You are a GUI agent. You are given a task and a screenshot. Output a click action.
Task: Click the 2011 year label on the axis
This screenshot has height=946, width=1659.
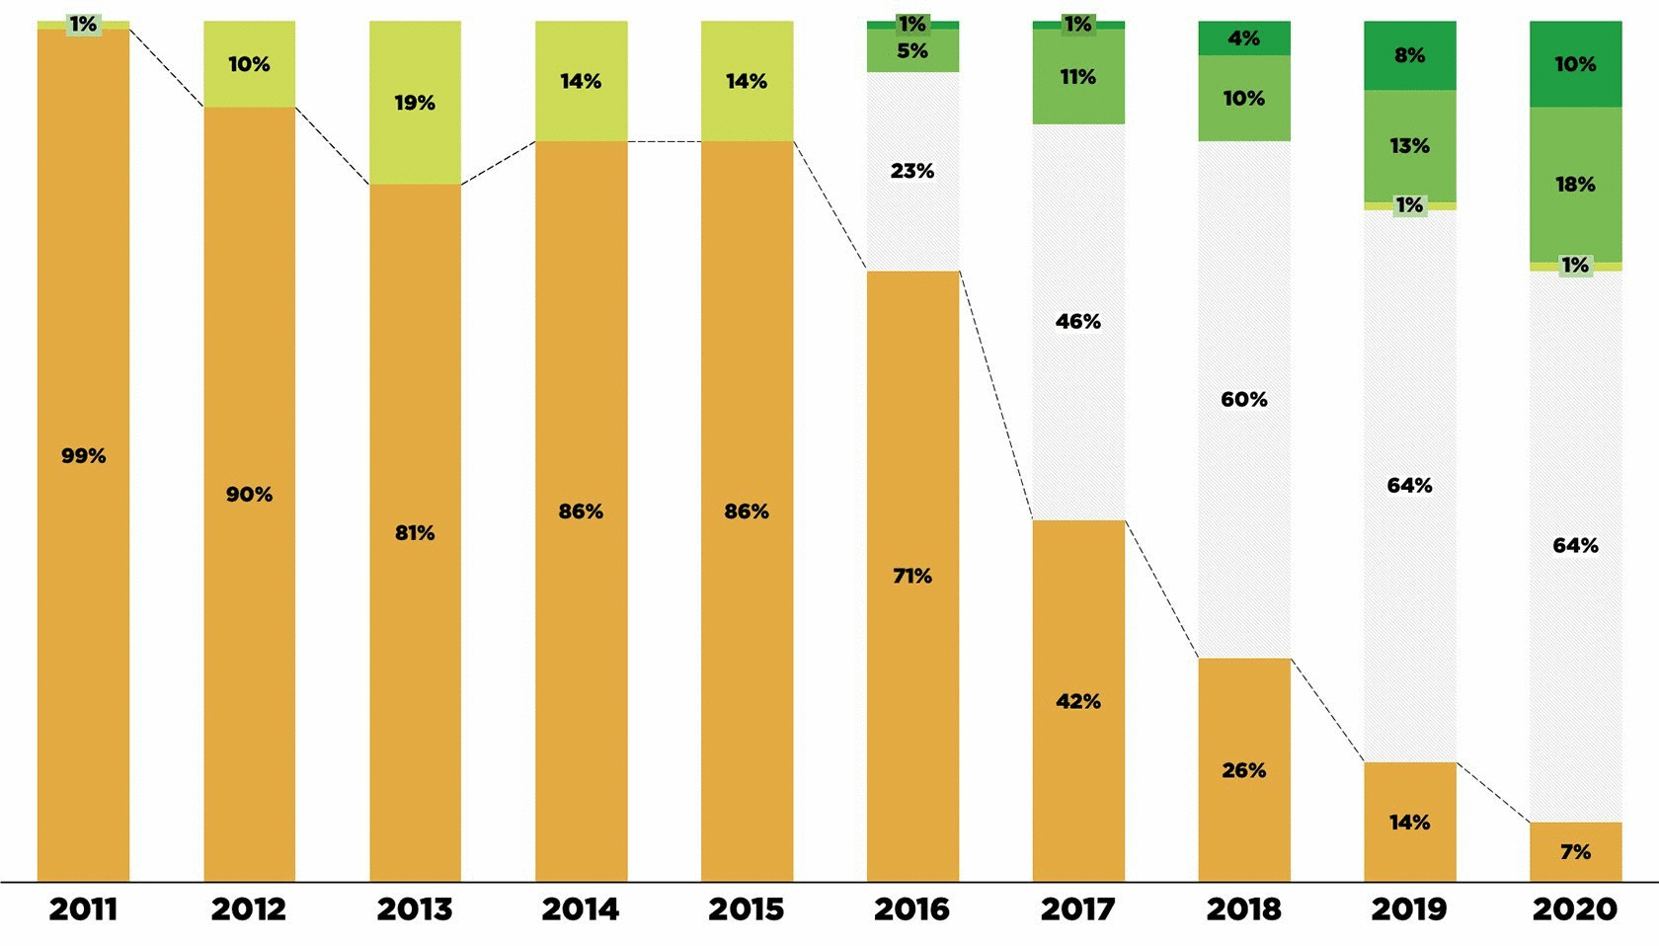tap(83, 909)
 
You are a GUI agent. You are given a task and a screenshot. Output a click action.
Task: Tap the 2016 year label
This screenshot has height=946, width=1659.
tap(911, 909)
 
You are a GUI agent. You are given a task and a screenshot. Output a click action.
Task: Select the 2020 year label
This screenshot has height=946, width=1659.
tap(1575, 909)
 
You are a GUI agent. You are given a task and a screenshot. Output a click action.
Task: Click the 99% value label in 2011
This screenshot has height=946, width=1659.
tap(83, 456)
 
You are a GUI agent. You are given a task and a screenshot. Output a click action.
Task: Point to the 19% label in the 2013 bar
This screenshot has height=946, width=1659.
tap(415, 103)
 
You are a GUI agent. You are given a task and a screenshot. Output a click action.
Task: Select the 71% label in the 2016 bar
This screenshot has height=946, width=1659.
tap(911, 576)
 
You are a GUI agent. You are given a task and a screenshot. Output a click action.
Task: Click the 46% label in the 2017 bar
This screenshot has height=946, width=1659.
tap(1077, 322)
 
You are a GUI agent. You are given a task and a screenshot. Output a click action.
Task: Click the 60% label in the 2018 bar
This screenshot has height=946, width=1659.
tap(1243, 400)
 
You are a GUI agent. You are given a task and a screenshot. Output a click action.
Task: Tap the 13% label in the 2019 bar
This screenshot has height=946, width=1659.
tap(1409, 146)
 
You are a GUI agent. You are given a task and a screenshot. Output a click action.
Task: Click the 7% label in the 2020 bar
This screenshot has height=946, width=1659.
tap(1575, 852)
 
